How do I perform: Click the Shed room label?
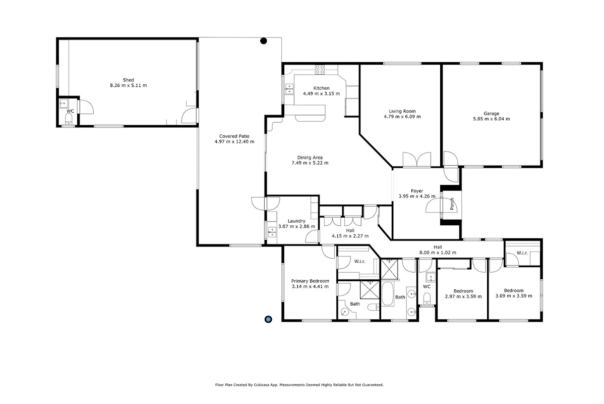128,80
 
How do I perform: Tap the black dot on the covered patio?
264,41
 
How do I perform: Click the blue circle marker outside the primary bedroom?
268,319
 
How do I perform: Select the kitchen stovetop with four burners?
320,70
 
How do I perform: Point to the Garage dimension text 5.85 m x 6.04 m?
491,119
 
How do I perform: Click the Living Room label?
402,111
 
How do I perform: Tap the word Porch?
452,204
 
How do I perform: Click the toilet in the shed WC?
69,119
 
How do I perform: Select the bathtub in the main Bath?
387,294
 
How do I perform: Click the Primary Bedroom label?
310,281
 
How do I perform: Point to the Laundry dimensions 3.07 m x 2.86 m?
296,226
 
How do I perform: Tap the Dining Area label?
310,158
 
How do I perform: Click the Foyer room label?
417,191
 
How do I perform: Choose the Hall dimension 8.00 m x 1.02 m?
438,252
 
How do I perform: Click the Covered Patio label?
234,136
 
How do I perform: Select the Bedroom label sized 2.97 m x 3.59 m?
463,291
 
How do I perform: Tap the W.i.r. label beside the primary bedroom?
360,262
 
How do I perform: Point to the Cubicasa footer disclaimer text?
299,385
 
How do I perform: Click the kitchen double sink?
289,89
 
